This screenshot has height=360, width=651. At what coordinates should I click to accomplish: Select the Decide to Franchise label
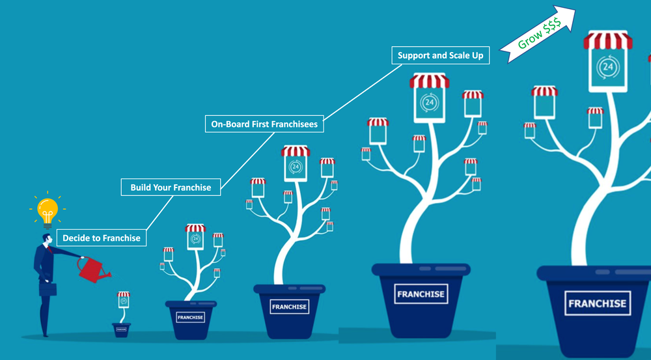(x=102, y=238)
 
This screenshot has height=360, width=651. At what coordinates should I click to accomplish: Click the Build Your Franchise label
(x=171, y=187)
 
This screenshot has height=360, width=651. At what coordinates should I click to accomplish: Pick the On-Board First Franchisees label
(x=264, y=124)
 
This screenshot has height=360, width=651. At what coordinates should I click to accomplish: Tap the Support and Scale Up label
(x=441, y=55)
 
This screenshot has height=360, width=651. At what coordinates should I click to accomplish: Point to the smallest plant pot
(x=121, y=329)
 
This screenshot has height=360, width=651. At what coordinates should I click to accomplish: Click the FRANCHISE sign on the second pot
(x=191, y=318)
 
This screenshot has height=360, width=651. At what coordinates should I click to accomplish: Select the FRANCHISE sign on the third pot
(x=290, y=307)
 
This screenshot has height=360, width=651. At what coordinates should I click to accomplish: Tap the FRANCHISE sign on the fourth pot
(x=421, y=294)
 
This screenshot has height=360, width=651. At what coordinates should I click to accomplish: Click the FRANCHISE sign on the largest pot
(x=598, y=303)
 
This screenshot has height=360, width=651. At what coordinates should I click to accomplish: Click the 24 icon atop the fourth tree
(x=429, y=102)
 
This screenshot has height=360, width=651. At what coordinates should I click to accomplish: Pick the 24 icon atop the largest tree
(x=608, y=67)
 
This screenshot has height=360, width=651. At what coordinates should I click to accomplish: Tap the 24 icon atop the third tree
(x=296, y=167)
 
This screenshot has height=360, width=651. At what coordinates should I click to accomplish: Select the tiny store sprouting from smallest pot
(x=123, y=299)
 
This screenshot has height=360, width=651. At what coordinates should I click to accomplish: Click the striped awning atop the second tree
(x=195, y=228)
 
